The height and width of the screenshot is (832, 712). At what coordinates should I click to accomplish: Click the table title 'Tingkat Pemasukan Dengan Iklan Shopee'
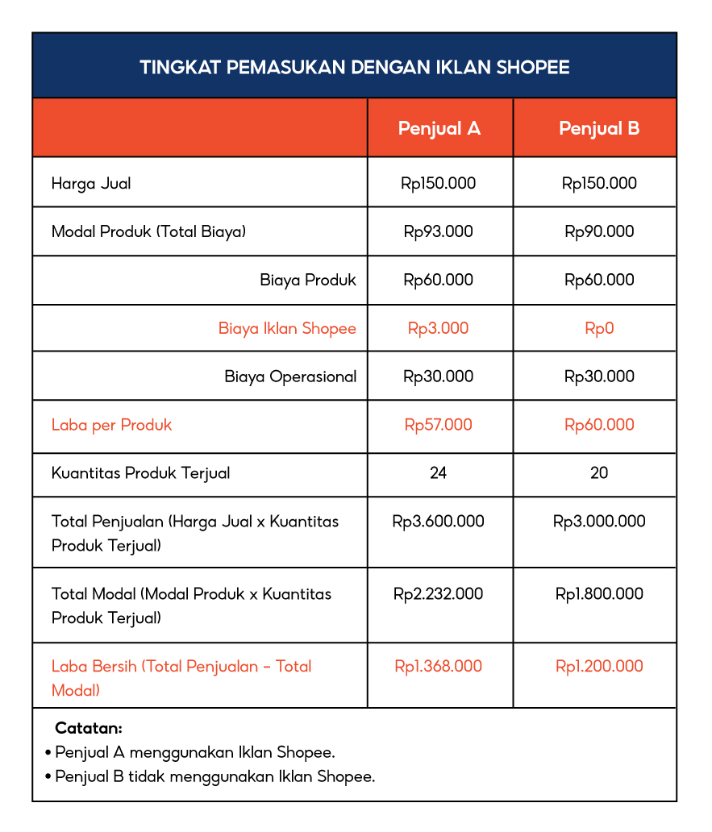(355, 67)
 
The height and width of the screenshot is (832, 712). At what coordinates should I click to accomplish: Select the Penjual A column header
(439, 128)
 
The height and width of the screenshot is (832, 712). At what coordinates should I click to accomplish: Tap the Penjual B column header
(599, 128)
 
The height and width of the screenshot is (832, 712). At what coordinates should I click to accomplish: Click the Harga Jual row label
(91, 183)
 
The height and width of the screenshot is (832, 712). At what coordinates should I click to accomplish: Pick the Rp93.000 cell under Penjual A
(439, 231)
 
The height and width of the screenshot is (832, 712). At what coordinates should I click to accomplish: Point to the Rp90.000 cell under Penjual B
(599, 231)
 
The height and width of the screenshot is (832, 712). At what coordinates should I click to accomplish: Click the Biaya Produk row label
(308, 280)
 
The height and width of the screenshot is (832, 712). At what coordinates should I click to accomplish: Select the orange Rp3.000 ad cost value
(438, 328)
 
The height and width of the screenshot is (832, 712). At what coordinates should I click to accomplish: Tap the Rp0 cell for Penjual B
(599, 328)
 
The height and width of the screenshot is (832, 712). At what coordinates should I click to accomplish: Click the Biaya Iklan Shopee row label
(287, 328)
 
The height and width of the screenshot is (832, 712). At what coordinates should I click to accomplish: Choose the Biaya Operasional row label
(290, 376)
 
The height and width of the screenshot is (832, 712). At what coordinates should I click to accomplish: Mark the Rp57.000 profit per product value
(439, 425)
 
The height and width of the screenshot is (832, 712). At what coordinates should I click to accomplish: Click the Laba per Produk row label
(111, 425)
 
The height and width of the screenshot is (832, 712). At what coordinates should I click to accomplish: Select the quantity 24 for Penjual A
(439, 473)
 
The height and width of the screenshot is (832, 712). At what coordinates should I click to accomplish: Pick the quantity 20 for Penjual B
(599, 473)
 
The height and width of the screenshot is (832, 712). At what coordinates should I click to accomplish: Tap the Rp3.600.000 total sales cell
(439, 522)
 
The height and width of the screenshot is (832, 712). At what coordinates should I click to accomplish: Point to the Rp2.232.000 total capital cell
(439, 594)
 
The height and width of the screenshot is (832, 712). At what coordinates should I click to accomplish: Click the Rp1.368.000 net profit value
(439, 666)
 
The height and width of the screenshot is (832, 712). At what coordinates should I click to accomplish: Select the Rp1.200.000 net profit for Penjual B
(599, 666)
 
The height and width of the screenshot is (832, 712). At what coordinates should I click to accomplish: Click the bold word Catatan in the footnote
(89, 728)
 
